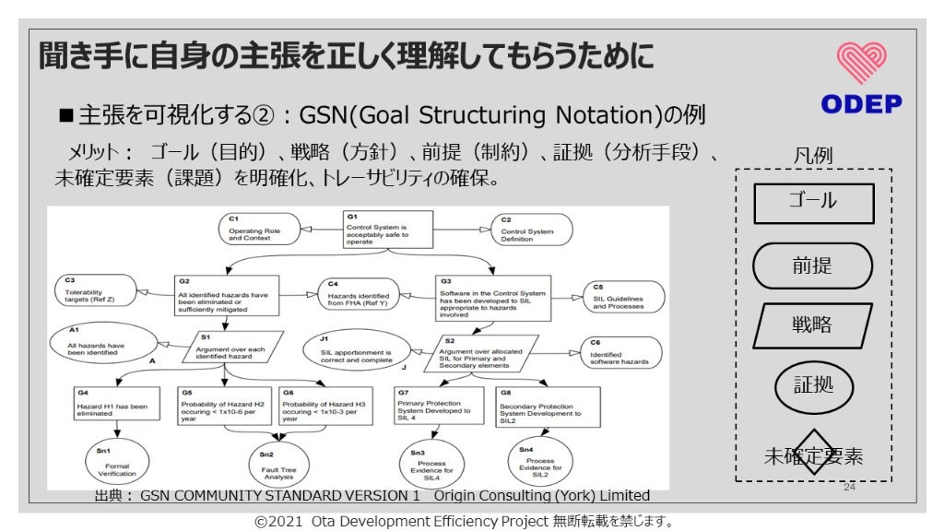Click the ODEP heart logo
click(x=861, y=63)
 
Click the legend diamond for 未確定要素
click(x=812, y=454)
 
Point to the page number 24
click(x=849, y=486)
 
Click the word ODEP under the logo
click(x=861, y=104)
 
